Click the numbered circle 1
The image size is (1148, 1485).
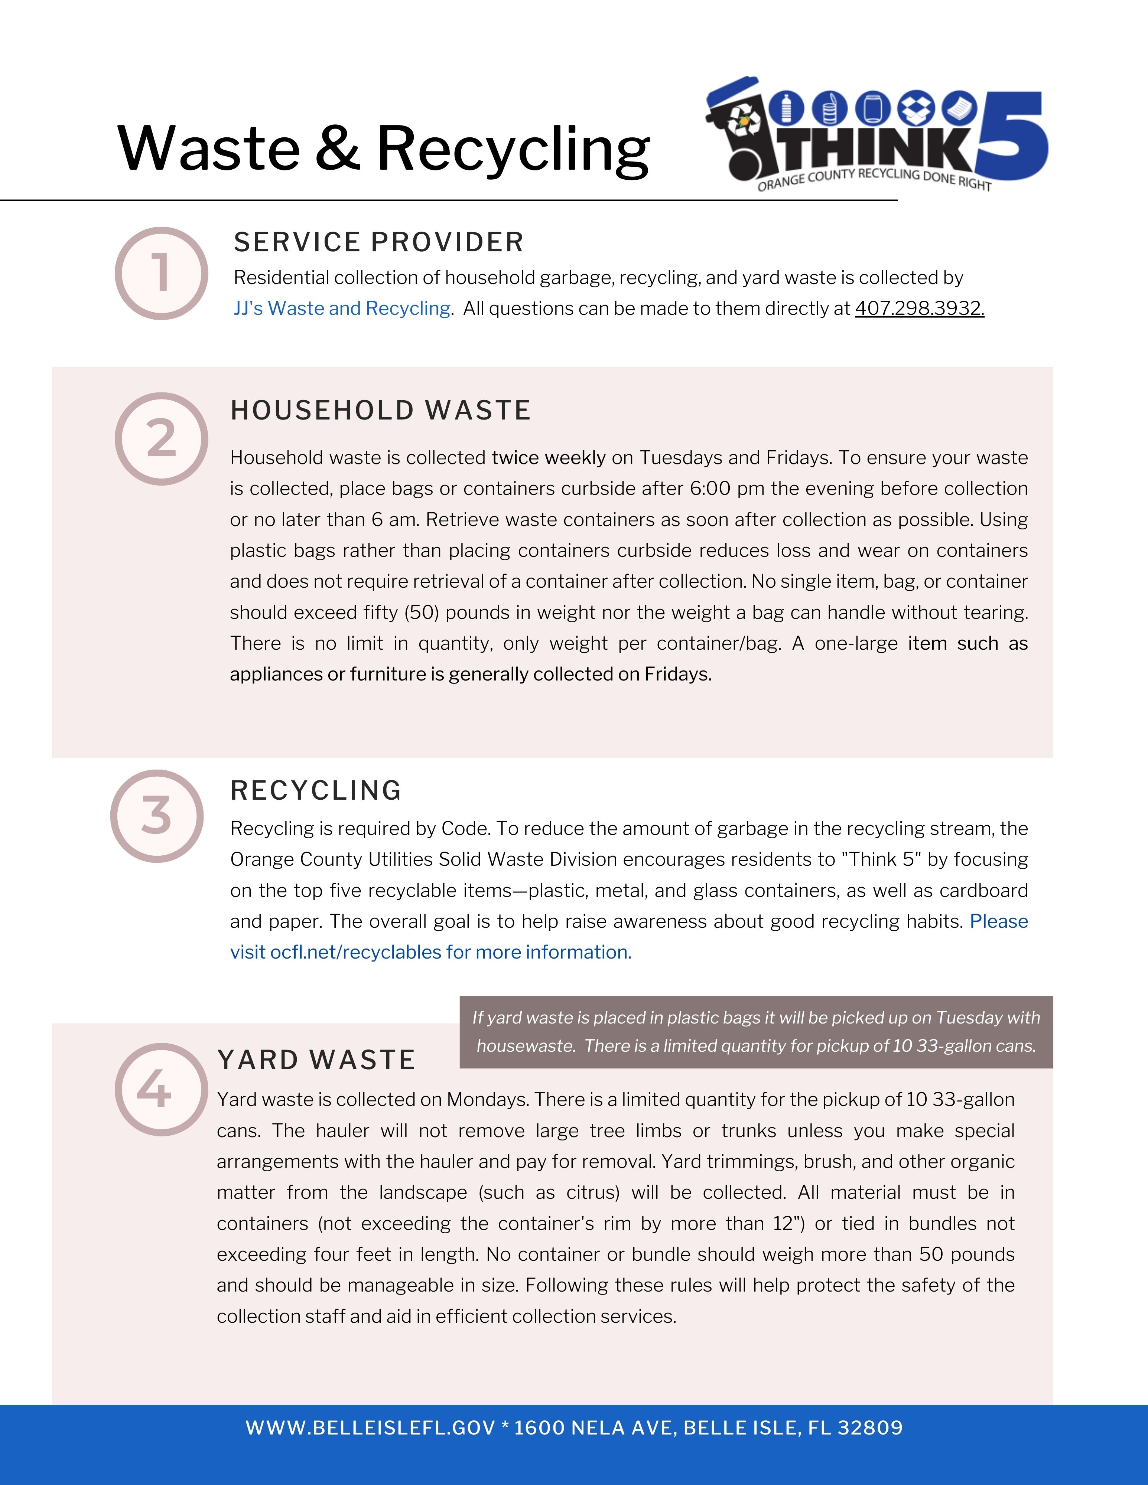(161, 273)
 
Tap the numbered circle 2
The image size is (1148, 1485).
(161, 438)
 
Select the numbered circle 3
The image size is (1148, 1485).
(157, 816)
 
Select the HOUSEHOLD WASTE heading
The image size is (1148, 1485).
(380, 411)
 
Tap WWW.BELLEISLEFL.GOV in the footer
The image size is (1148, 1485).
(370, 1427)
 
